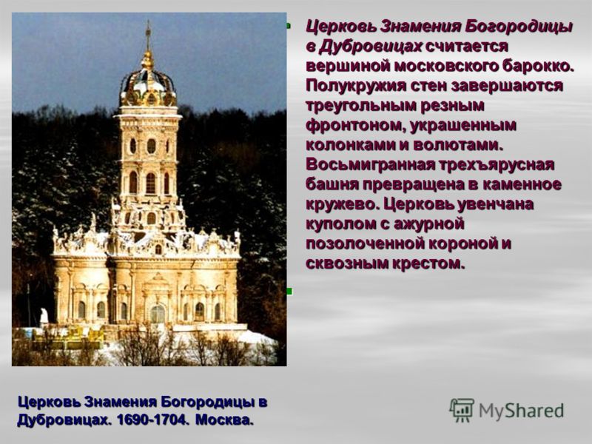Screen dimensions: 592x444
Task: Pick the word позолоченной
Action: click(x=362, y=244)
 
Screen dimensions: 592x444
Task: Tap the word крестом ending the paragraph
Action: click(x=428, y=263)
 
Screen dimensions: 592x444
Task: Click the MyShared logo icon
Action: click(x=461, y=410)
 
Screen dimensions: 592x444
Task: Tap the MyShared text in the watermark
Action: click(x=521, y=411)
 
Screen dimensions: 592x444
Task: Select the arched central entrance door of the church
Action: click(x=158, y=314)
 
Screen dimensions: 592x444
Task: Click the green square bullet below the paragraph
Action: click(x=289, y=291)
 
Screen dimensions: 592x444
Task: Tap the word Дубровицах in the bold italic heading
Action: click(x=371, y=47)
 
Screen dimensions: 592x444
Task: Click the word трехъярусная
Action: click(x=496, y=165)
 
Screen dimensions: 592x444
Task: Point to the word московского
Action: click(x=445, y=67)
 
